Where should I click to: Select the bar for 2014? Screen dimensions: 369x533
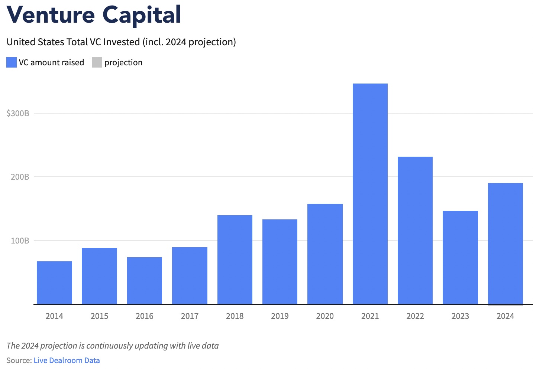coord(54,283)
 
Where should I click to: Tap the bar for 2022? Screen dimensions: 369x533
coord(415,230)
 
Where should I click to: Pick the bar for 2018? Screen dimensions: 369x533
coord(235,259)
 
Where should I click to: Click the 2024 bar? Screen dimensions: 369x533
coord(505,244)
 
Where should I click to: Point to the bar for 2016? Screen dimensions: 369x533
coord(144,281)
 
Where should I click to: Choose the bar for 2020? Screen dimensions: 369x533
coord(325,254)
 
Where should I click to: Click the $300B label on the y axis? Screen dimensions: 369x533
coord(18,113)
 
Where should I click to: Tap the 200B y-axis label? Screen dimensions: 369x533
coord(20,177)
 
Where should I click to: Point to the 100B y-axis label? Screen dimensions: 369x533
coord(20,241)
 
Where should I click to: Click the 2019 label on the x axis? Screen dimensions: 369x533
coord(280,316)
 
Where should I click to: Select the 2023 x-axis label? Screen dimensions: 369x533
coord(460,316)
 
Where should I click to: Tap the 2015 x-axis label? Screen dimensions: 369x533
coord(99,316)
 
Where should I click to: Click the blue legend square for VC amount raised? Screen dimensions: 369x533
coord(12,62)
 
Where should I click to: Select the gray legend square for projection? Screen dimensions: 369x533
coord(97,62)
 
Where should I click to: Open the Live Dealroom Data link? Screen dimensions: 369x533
coord(67,360)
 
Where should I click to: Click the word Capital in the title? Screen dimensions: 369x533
coord(142,15)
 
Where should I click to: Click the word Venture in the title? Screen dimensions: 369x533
coord(51,15)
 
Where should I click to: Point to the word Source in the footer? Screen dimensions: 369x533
coord(18,360)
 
